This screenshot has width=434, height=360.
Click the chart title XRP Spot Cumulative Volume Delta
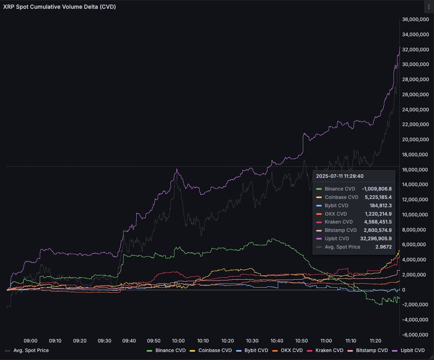(x=60, y=7)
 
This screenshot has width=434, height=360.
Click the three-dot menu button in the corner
(x=428, y=7)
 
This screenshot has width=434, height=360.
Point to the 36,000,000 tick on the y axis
(x=416, y=19)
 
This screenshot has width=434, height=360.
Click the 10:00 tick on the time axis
(x=178, y=341)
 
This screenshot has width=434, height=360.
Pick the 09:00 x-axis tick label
(x=31, y=341)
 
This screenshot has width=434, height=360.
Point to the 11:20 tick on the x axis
(x=375, y=341)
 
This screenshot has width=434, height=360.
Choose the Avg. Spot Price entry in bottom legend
(x=31, y=350)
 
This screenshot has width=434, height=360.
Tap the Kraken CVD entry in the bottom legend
(x=329, y=350)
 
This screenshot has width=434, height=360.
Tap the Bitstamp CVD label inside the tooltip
(x=341, y=230)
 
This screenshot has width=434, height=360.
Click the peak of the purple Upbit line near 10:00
(x=177, y=169)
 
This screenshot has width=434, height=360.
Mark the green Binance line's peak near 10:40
(x=273, y=239)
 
